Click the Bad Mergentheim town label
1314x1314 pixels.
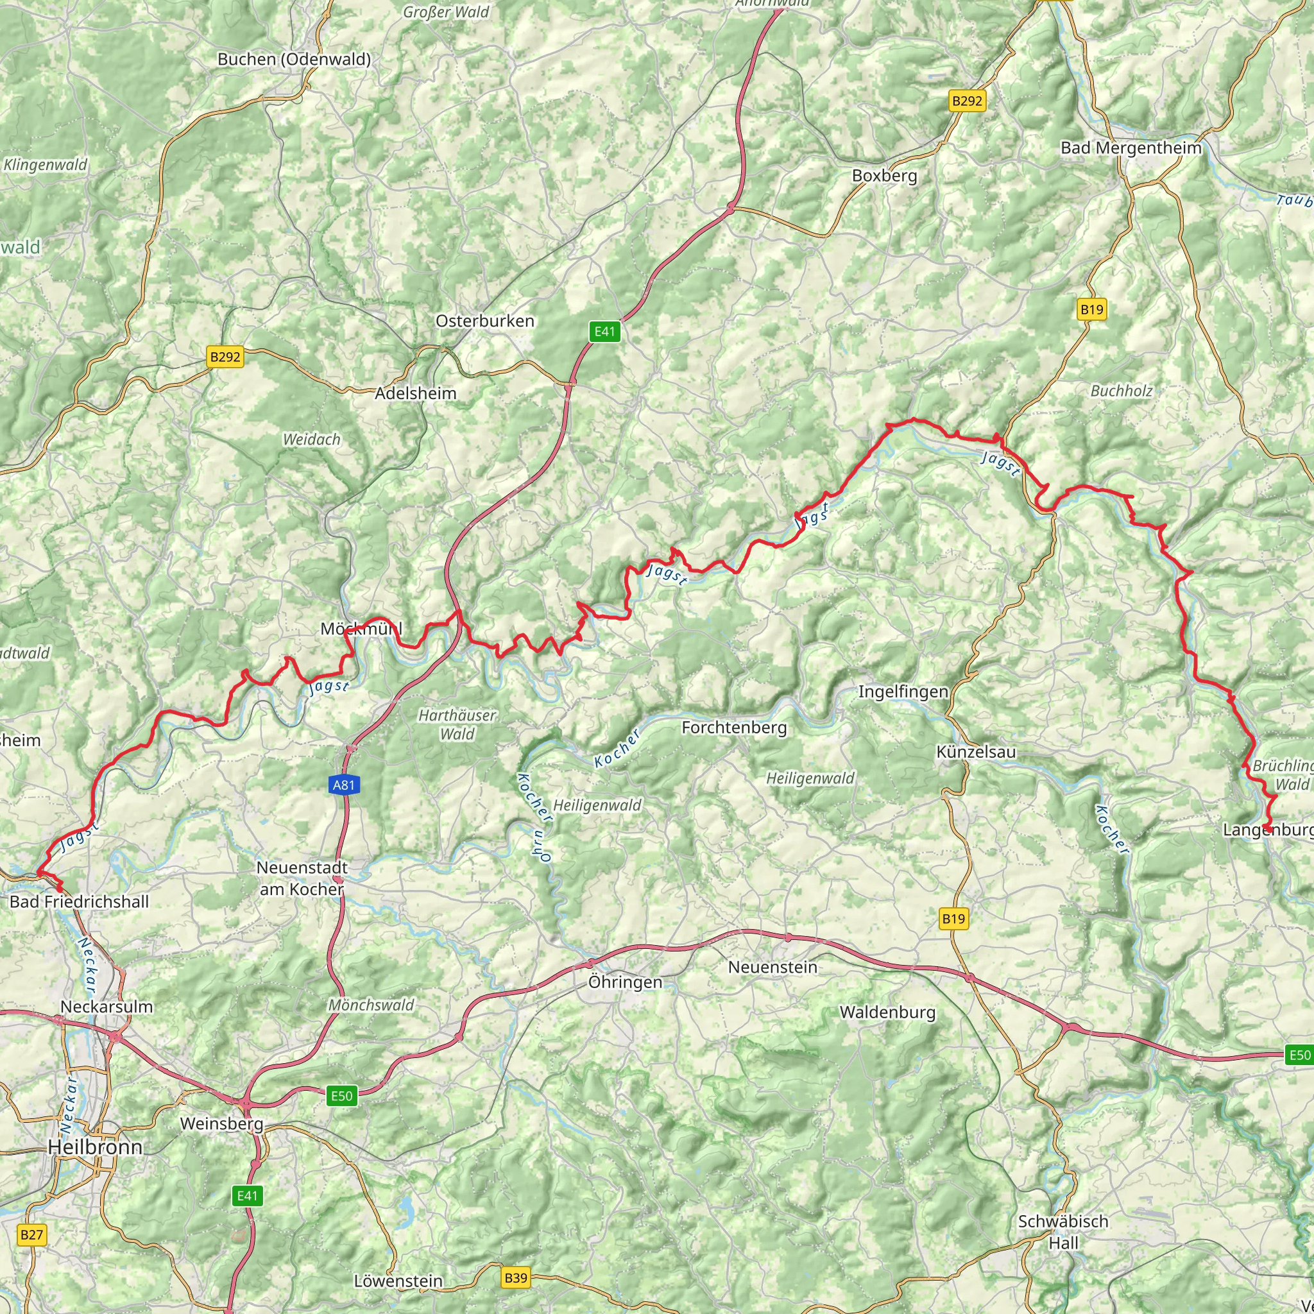pos(1131,148)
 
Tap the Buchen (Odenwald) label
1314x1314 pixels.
pos(294,59)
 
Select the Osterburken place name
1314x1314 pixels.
pos(484,321)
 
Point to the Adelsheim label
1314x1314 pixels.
pos(416,393)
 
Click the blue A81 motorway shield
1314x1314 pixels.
pos(343,785)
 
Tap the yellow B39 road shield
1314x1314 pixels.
pos(516,1277)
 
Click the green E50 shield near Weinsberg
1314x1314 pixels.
pos(341,1095)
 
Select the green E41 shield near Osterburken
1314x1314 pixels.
pos(604,332)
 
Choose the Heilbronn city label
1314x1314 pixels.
pos(95,1147)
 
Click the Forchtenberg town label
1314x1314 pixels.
pos(734,728)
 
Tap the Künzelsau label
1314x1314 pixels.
pos(975,752)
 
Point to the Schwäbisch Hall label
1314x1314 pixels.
pos(1063,1213)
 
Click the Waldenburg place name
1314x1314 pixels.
pos(887,1012)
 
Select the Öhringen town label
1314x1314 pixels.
pos(625,982)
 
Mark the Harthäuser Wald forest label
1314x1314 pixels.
pos(457,724)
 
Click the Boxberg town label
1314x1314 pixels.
pos(884,176)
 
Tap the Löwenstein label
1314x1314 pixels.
pos(398,1281)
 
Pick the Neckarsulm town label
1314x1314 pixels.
pos(107,1007)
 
